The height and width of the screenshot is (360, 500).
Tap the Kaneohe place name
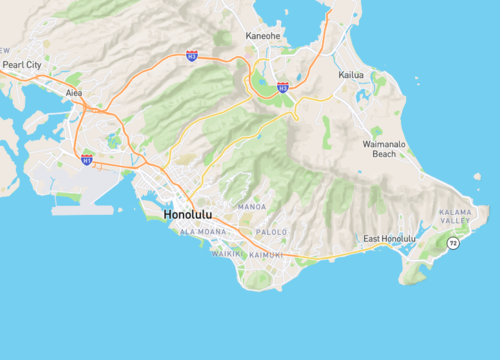[262, 37]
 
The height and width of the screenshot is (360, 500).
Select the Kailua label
[351, 75]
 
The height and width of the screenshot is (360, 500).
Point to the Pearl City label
[22, 64]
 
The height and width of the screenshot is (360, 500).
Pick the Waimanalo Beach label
[383, 149]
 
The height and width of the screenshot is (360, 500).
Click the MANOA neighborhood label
[251, 207]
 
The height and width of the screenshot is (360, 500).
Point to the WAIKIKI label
[226, 254]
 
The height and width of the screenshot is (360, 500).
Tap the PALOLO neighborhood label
[271, 232]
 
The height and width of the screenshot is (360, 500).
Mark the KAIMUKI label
[265, 254]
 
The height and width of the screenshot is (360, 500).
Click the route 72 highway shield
[453, 243]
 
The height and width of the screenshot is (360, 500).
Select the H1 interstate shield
[87, 159]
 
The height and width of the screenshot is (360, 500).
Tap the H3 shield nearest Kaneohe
[282, 88]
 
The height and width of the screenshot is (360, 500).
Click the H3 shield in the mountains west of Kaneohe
[191, 57]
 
